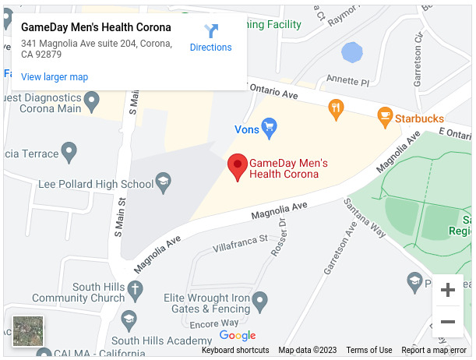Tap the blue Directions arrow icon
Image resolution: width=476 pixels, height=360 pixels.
[x=211, y=31]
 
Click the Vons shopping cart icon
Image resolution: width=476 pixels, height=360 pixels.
[x=270, y=125]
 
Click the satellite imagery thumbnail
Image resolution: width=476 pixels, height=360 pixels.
[x=29, y=331]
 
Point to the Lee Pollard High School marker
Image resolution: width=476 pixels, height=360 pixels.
[x=163, y=184]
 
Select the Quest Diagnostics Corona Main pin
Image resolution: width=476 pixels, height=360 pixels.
[x=92, y=99]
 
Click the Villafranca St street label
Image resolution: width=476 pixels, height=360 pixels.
[x=241, y=242]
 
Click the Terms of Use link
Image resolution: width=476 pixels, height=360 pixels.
[x=368, y=351]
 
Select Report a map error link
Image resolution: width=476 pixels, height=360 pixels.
[x=434, y=351]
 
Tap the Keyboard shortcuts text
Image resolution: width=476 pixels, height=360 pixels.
[x=235, y=351]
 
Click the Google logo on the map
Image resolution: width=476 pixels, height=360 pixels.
[x=238, y=336]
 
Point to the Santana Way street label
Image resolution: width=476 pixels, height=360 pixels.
[x=366, y=218]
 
